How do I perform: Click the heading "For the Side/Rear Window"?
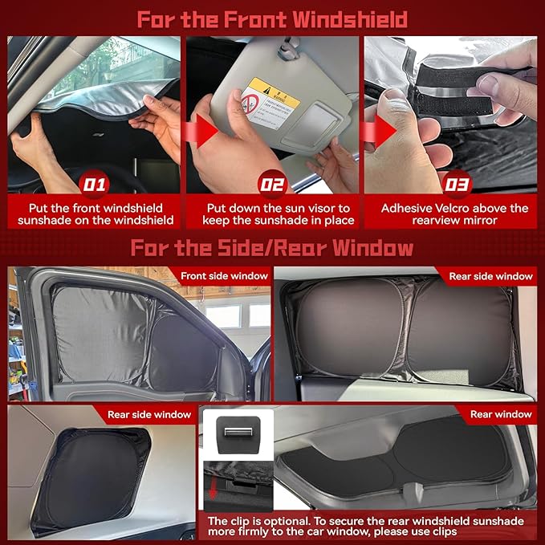pyautogui.click(x=272, y=247)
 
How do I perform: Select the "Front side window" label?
pyautogui.click(x=224, y=276)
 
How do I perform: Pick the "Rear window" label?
pyautogui.click(x=501, y=415)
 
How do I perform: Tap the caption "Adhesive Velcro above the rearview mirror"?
pyautogui.click(x=454, y=215)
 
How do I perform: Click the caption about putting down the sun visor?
pyautogui.click(x=273, y=215)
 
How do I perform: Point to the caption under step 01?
pyautogui.click(x=94, y=215)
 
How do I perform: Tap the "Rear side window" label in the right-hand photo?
pyautogui.click(x=490, y=276)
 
